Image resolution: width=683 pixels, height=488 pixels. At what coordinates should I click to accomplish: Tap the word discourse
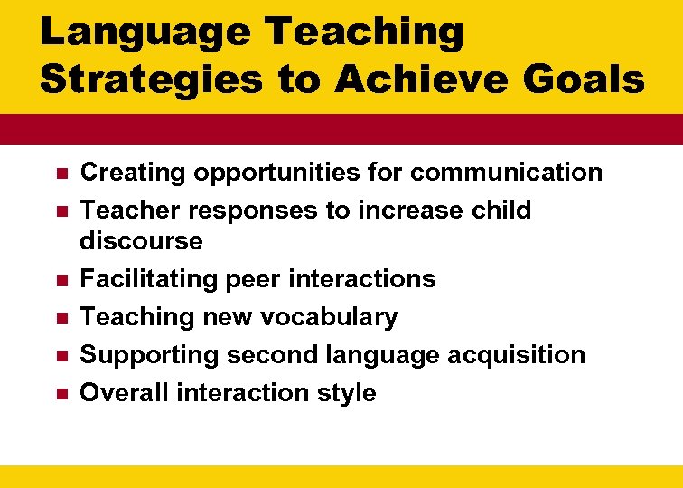(x=141, y=241)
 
